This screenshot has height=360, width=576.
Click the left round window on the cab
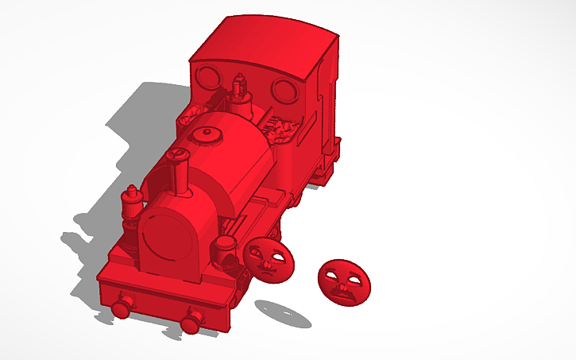(209, 77)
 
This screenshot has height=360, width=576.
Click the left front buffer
(122, 306)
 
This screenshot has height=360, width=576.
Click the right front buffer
(191, 322)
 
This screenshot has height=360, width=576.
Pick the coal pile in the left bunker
(194, 116)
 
